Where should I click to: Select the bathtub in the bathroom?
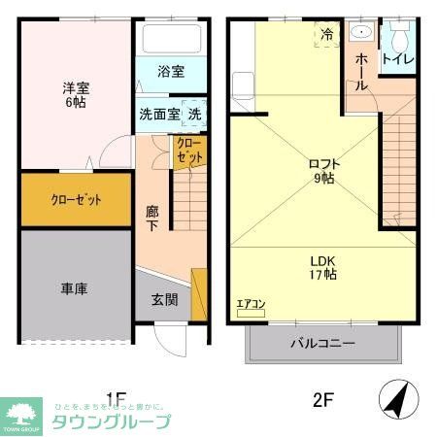(172, 40)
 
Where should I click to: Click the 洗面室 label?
(158, 114)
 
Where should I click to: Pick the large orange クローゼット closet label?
(76, 200)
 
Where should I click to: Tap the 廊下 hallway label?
(152, 217)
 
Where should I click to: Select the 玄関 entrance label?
(164, 300)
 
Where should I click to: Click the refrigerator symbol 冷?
(327, 34)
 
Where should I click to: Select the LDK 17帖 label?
(323, 268)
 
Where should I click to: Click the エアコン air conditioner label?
(251, 305)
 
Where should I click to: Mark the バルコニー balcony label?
(322, 343)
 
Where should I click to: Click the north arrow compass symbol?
(391, 398)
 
